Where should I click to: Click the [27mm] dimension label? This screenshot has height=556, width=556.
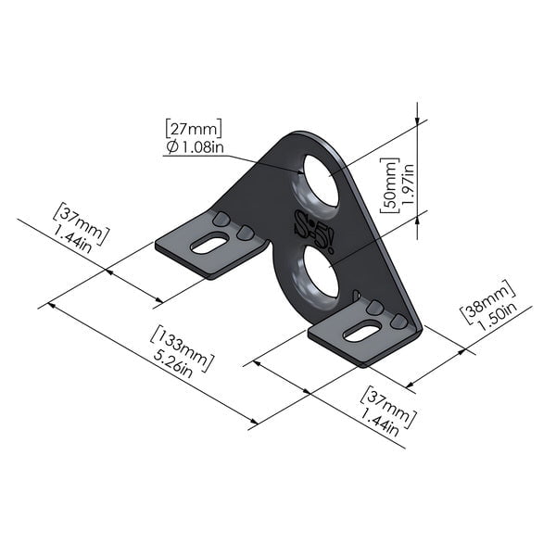194,128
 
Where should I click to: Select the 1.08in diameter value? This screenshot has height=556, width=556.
200,147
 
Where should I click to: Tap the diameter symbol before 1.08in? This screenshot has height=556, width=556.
172,148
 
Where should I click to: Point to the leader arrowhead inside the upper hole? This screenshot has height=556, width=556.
305,170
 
